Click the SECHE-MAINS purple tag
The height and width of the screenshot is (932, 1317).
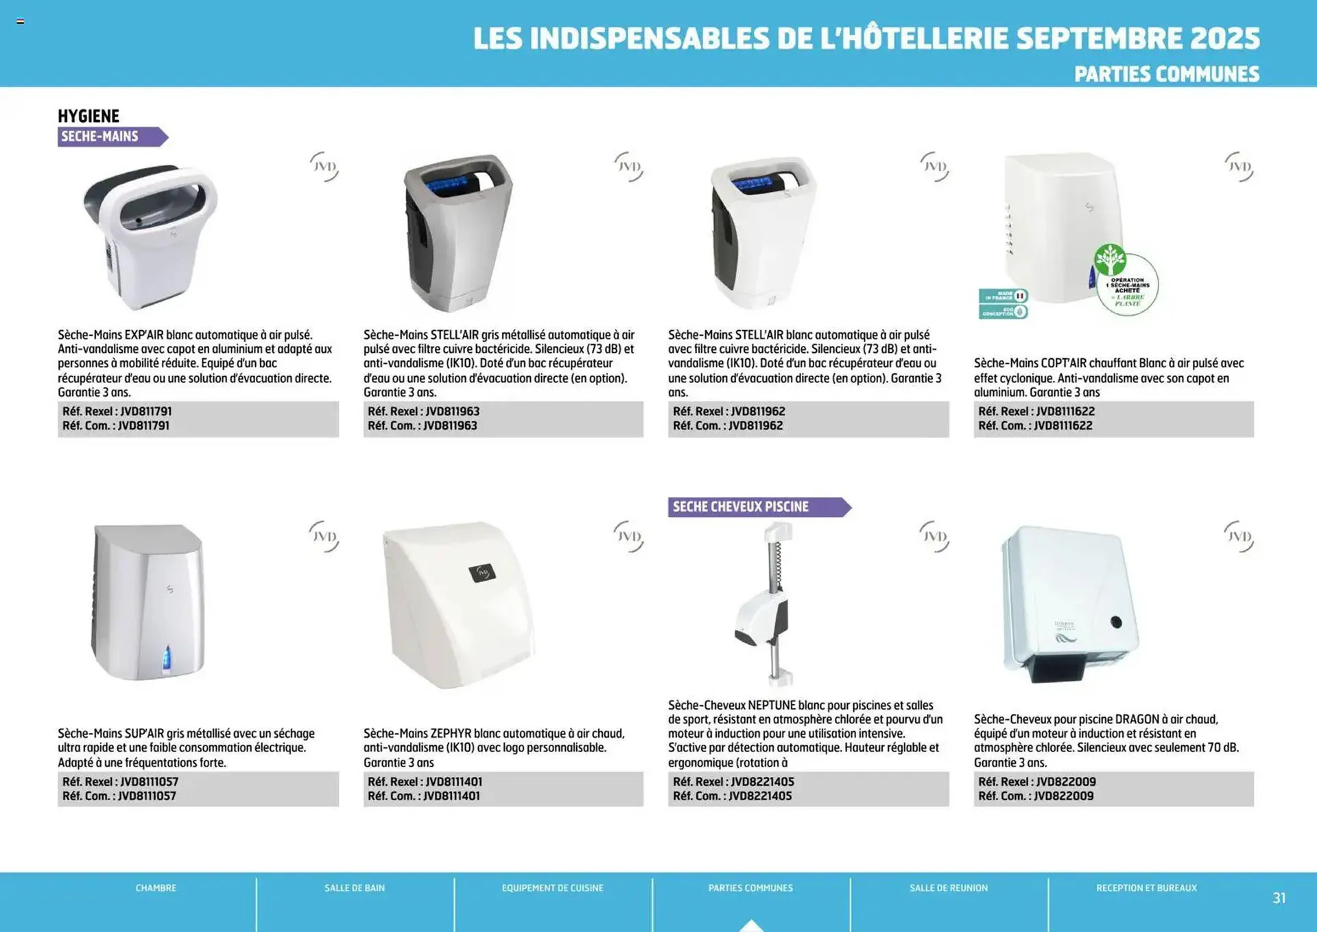pyautogui.click(x=110, y=137)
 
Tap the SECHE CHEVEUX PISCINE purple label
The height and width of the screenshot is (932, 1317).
pyautogui.click(x=755, y=507)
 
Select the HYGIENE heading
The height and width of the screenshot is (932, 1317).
pyautogui.click(x=88, y=116)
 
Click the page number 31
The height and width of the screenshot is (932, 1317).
pyautogui.click(x=1279, y=898)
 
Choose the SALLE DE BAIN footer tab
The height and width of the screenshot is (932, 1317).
pyautogui.click(x=355, y=888)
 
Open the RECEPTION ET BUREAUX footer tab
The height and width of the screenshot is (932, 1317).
pyautogui.click(x=1146, y=888)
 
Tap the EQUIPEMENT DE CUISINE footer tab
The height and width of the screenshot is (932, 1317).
pyautogui.click(x=552, y=888)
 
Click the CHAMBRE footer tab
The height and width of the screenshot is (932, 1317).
pyautogui.click(x=156, y=888)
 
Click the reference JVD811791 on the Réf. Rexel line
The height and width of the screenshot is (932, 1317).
pyautogui.click(x=146, y=411)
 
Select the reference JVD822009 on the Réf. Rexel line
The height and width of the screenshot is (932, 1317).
pyautogui.click(x=1066, y=782)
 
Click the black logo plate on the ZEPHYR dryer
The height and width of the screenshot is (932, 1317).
pyautogui.click(x=482, y=572)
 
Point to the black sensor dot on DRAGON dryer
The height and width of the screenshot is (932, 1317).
pyautogui.click(x=1116, y=622)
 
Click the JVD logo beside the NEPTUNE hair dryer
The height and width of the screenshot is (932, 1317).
pyautogui.click(x=934, y=536)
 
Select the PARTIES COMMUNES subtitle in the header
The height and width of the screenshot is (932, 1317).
pyautogui.click(x=1166, y=74)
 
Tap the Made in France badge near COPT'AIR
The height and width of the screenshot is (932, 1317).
pyautogui.click(x=1003, y=296)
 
